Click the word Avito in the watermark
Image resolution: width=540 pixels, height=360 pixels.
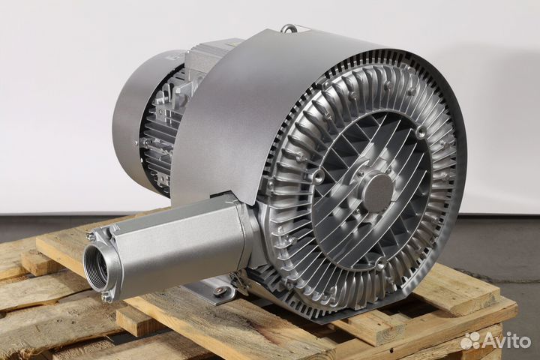tap(506, 340)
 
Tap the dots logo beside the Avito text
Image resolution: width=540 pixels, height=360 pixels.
tap(471, 340)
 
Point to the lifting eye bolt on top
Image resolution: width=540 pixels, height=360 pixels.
tap(286, 29)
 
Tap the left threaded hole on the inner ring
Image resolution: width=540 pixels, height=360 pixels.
tap(318, 175)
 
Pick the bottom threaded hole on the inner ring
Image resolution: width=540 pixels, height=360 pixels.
tap(379, 265)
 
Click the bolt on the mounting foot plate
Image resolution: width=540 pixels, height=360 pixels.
tap(219, 291)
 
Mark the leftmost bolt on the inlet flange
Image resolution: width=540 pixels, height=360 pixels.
tap(91, 236)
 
